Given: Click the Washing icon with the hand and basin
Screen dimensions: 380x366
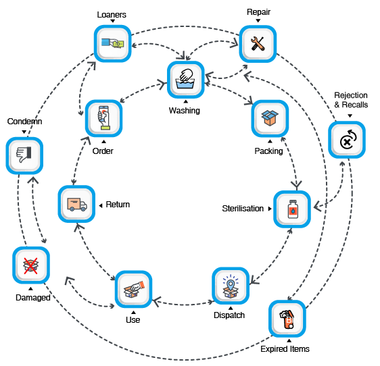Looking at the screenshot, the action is click(x=186, y=80).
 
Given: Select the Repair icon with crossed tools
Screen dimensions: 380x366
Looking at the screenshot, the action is click(x=258, y=44).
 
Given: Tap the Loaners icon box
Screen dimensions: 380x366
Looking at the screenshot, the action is click(x=113, y=44).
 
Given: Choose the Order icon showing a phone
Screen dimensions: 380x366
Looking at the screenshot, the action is click(x=103, y=118).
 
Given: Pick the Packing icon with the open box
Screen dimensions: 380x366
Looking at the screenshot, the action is click(x=270, y=118).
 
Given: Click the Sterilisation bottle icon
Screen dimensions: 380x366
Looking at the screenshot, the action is click(x=292, y=209).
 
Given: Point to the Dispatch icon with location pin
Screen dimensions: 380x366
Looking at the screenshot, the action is click(x=231, y=286).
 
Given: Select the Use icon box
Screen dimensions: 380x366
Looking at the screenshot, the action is click(x=133, y=289).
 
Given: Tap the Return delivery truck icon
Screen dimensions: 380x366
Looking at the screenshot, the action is click(x=76, y=204).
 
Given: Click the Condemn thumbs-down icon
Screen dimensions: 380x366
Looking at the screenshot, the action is click(x=24, y=155).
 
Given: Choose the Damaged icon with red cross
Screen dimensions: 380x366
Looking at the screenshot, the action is click(x=31, y=265).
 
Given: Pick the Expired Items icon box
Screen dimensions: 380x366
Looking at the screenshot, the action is click(x=287, y=319).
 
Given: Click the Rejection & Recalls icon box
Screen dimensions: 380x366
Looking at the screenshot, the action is click(x=347, y=140).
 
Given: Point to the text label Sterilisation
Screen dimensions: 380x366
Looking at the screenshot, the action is click(x=243, y=209).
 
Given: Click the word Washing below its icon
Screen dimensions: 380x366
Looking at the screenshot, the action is click(x=185, y=111).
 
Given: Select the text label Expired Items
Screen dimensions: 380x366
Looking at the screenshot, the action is click(x=285, y=349).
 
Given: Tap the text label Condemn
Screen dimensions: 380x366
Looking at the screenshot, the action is click(x=24, y=122).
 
